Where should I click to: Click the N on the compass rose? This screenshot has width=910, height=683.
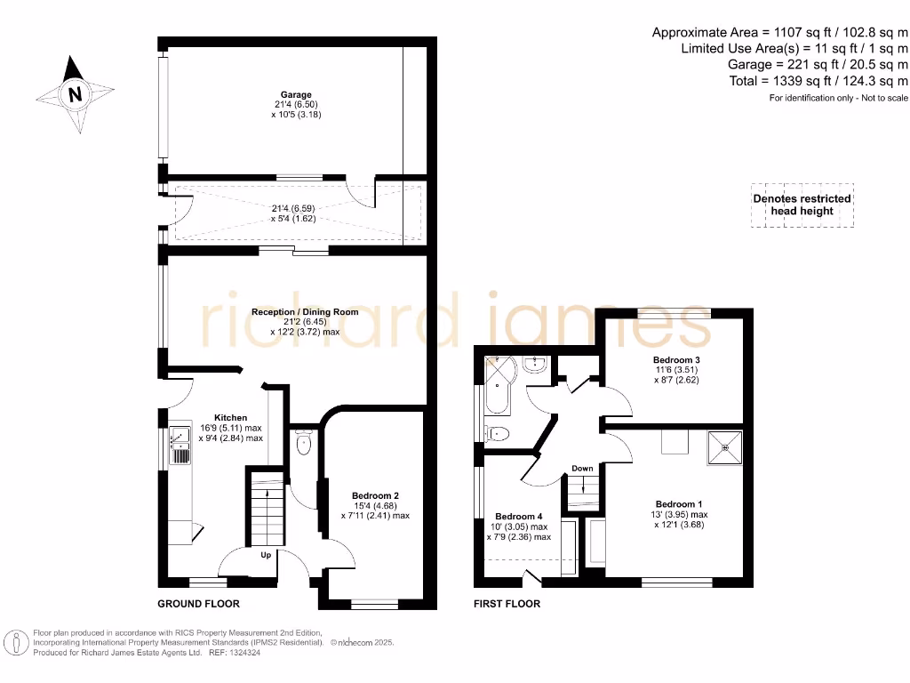click(x=76, y=94)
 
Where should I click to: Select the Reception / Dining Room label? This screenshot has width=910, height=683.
click(x=305, y=311)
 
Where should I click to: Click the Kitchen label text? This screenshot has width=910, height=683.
click(x=230, y=417)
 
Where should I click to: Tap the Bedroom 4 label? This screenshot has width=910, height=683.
click(x=518, y=517)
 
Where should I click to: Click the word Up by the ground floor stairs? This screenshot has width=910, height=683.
click(x=266, y=556)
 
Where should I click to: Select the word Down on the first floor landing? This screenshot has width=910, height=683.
click(x=582, y=468)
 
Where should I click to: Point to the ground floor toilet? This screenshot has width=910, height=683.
click(x=303, y=442)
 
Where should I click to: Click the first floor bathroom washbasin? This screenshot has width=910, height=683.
click(x=535, y=365)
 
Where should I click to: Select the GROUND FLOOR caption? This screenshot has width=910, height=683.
click(x=198, y=604)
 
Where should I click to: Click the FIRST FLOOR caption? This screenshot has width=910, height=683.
click(x=507, y=604)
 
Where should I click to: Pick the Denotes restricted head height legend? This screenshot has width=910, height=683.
click(x=802, y=205)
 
